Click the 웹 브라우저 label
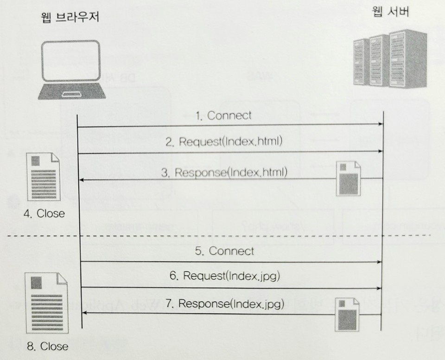[x=70, y=17]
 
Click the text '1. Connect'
[x=224, y=116]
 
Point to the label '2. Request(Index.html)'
[x=224, y=142]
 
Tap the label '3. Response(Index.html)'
[x=225, y=173]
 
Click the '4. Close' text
[x=44, y=214]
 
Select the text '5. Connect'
[x=225, y=251]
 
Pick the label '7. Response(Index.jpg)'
[x=225, y=304]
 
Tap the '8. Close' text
[x=47, y=346]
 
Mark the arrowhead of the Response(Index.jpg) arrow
[x=84, y=314]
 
